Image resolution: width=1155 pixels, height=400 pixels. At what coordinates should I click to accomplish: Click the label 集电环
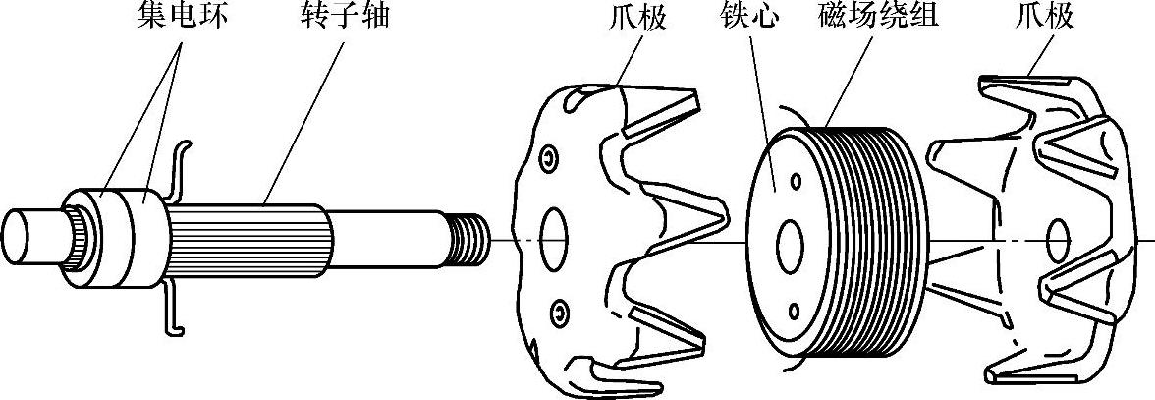coord(176,18)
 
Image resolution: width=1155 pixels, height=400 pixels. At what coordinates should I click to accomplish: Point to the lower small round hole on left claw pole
coord(559,313)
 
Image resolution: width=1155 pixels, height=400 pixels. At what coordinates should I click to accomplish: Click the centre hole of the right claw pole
coord(1058,239)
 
